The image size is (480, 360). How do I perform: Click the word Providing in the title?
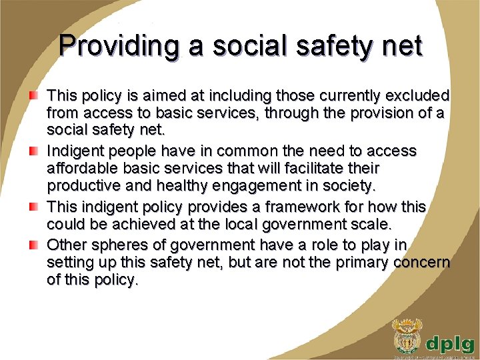[x=118, y=47]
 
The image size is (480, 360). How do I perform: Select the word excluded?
[x=416, y=97]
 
